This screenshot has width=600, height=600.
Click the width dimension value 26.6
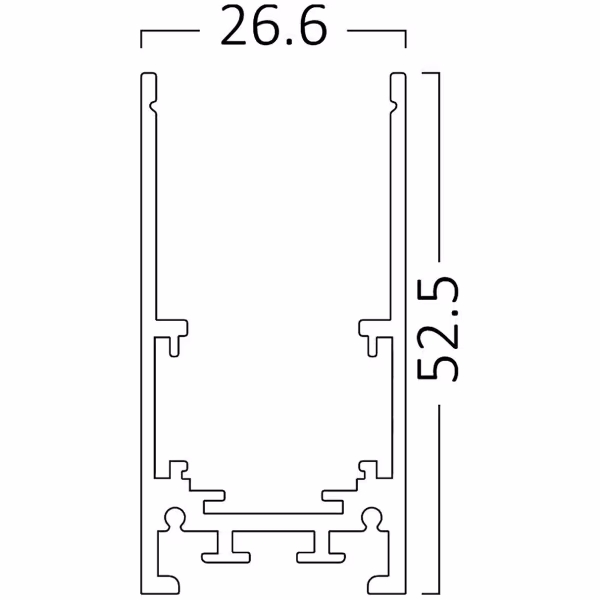[273, 30]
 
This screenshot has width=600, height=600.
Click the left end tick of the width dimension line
[141, 39]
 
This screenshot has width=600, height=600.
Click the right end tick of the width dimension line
[405, 39]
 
